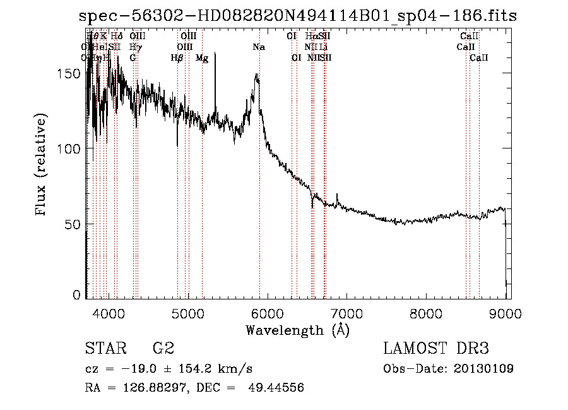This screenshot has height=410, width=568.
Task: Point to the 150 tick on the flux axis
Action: pos(74,73)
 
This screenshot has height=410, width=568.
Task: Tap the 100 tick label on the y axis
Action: pos(74,148)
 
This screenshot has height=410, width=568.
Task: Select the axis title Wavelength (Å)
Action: pos(297,330)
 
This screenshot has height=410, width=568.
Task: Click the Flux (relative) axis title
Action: pos(42,166)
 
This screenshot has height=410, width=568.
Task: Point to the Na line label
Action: pos(259,47)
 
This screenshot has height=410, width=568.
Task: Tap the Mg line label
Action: pos(202,58)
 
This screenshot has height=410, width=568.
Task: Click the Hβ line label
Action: pos(177,58)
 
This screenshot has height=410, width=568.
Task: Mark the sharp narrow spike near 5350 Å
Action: pos(215,54)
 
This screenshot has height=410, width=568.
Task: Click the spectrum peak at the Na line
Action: pos(257,75)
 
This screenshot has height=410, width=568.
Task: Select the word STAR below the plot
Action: pos(104,349)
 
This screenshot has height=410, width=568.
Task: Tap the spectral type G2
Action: pos(163,349)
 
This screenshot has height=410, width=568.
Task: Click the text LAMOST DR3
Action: pos(436,349)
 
